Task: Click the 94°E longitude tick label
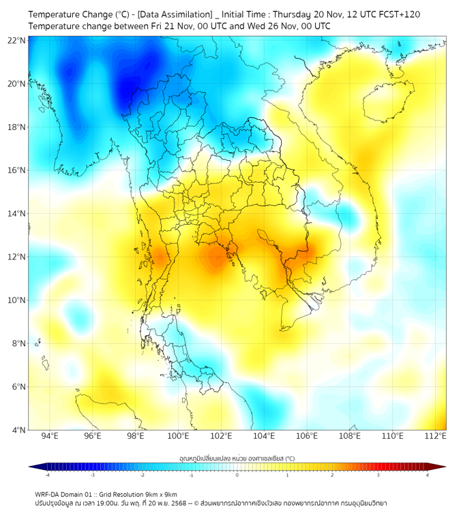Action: coord(50,436)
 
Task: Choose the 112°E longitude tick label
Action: coord(435,436)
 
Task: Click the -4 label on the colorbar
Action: coord(47,475)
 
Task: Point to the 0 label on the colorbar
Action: coord(237,475)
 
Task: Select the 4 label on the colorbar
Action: coord(428,475)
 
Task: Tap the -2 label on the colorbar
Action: coord(142,475)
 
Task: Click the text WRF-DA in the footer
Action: coord(48,494)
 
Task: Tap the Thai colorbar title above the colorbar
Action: coord(237,458)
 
